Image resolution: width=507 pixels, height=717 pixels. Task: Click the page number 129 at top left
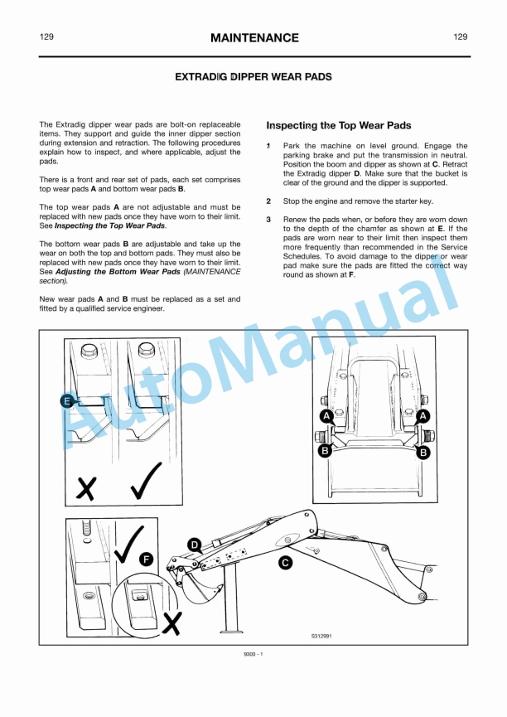[47, 37]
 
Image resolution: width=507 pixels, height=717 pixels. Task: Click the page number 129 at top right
[461, 37]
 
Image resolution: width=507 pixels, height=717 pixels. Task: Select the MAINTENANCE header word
[254, 38]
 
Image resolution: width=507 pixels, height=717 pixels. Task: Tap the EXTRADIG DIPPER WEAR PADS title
[254, 77]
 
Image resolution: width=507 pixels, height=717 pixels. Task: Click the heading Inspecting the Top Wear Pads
[338, 126]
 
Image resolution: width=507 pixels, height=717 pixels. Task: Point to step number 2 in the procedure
[268, 201]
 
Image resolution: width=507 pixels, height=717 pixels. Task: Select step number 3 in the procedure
[268, 220]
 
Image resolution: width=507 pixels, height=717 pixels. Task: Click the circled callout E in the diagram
[67, 401]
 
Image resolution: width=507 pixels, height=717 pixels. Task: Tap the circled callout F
[147, 560]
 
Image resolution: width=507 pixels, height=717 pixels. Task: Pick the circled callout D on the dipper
[194, 545]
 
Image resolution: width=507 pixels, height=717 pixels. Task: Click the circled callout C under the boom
[284, 563]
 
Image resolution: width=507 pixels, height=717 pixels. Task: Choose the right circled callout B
[423, 453]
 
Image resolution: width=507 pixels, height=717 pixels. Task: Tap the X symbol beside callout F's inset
[171, 623]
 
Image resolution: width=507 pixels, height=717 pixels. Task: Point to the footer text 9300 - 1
[253, 655]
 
